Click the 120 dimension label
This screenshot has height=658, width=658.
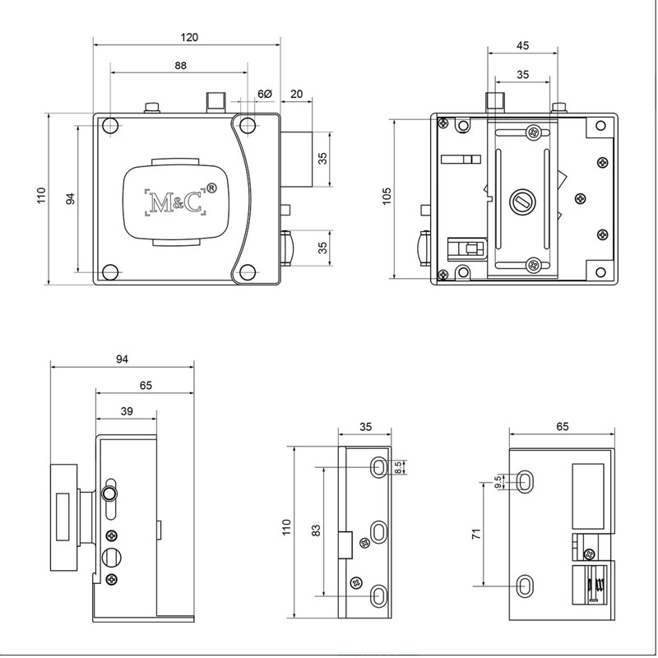pyautogui.click(x=189, y=37)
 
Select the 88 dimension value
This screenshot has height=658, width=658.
pyautogui.click(x=180, y=66)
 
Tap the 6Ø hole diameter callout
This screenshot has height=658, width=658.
pyautogui.click(x=265, y=94)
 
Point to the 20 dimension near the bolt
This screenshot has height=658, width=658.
pyautogui.click(x=296, y=94)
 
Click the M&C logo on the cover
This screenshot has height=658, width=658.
pyautogui.click(x=175, y=202)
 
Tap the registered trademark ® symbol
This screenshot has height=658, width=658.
pyautogui.click(x=212, y=188)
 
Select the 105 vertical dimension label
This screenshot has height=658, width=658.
pyautogui.click(x=387, y=196)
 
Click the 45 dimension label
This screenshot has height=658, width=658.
pyautogui.click(x=522, y=45)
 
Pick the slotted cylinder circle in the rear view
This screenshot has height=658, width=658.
pyautogui.click(x=522, y=202)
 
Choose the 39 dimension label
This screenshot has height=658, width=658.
pyautogui.click(x=127, y=410)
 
